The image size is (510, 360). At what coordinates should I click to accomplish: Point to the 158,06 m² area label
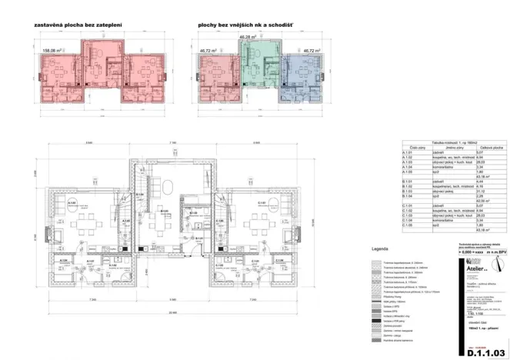50,50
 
